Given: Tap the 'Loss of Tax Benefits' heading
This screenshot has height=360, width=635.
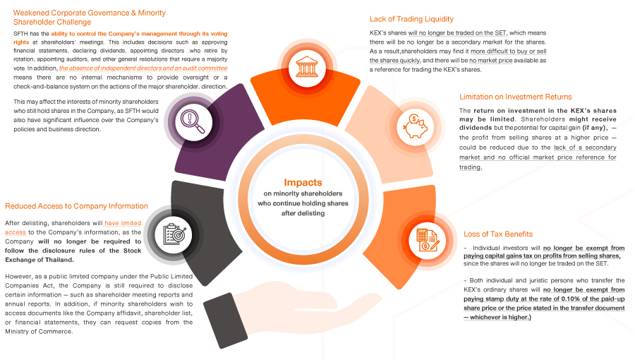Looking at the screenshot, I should click(x=497, y=234).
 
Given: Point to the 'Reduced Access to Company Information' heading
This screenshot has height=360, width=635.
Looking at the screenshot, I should click(x=77, y=206).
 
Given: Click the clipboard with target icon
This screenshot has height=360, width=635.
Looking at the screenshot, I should click(x=171, y=234).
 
